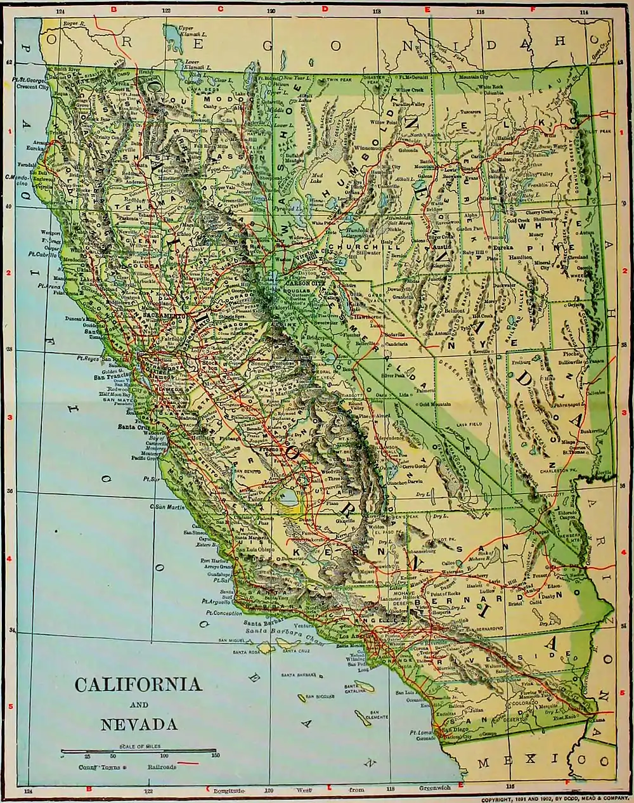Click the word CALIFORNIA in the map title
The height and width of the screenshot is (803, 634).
tap(138, 684)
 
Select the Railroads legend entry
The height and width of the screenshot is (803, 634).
tap(163, 767)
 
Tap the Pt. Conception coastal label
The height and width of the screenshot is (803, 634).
tap(221, 613)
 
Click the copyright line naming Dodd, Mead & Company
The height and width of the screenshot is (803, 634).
tap(555, 799)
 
